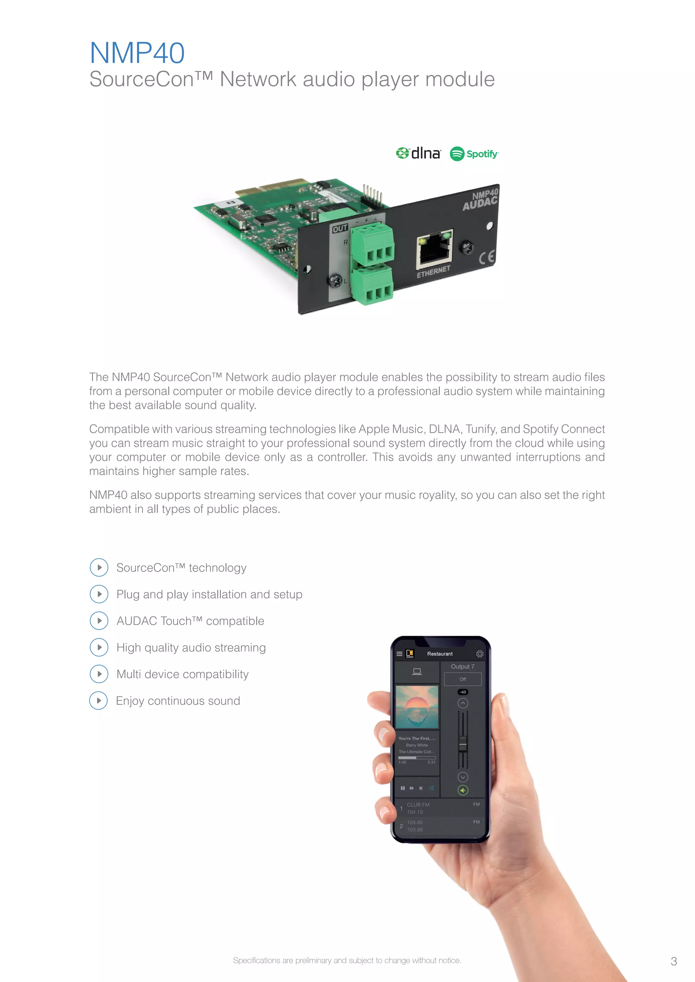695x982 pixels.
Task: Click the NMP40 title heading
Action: pos(137,53)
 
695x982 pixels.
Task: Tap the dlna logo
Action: pos(418,153)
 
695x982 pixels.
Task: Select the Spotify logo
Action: pos(474,154)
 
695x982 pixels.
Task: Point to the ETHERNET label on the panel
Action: pos(433,272)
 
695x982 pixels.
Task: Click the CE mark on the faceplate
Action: pos(487,257)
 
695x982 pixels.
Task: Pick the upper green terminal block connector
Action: pos(372,244)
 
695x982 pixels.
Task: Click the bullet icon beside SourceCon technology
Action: pos(99,568)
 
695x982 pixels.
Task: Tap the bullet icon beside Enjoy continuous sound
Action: pos(98,701)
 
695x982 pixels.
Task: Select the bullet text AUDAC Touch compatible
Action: pos(190,621)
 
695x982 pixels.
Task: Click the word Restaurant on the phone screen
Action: pos(439,653)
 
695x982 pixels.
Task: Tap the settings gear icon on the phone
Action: pos(480,653)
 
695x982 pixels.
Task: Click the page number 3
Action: pos(674,961)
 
